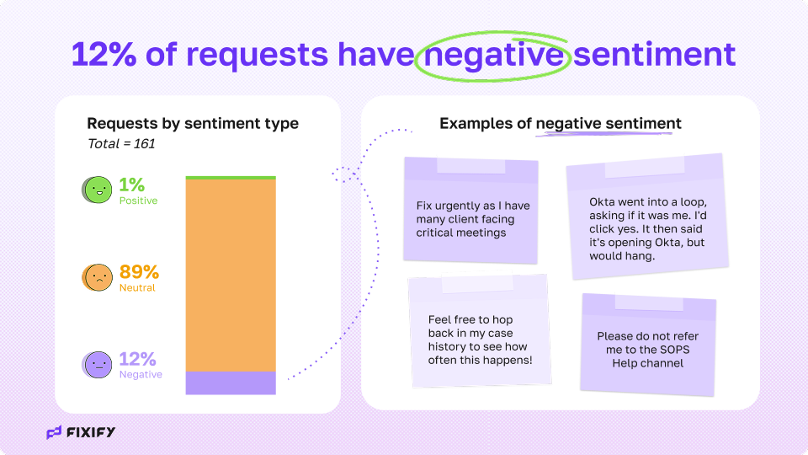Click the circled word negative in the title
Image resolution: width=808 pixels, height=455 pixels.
tap(494, 55)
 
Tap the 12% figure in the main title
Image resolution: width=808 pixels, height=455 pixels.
tap(104, 55)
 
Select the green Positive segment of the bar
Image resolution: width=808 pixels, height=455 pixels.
tap(231, 178)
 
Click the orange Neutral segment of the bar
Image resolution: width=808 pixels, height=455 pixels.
tap(231, 275)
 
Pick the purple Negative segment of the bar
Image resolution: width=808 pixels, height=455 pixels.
tap(231, 383)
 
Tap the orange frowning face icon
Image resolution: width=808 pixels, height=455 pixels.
tap(97, 277)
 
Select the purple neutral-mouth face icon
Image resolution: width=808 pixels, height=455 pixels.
tap(97, 365)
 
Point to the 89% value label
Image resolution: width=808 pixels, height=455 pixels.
tap(139, 271)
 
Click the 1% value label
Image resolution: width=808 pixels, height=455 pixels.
tap(132, 185)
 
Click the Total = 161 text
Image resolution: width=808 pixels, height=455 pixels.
tap(121, 144)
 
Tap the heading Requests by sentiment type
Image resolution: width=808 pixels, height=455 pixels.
tap(193, 124)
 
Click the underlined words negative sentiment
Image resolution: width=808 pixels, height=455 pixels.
tap(609, 124)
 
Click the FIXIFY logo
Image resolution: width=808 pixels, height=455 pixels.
tap(81, 432)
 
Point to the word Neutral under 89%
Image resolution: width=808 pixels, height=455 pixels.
tap(137, 288)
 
